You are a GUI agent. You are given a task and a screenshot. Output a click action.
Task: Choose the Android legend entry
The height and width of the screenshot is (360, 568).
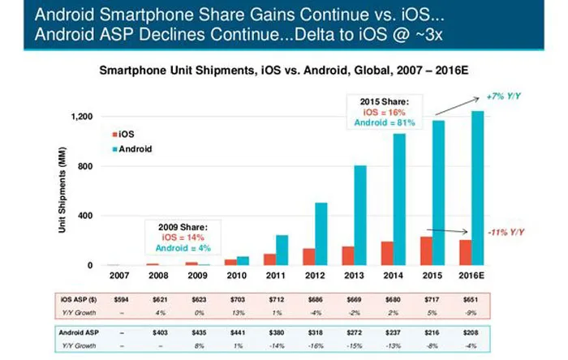point(133,149)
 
